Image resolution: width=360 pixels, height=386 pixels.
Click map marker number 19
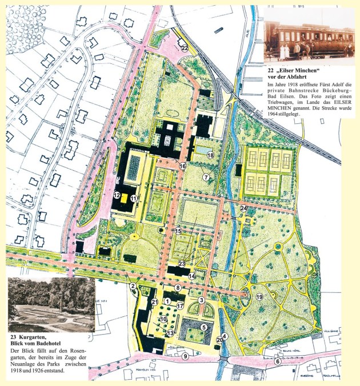tap(259, 297)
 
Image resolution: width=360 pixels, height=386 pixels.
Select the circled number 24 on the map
tap(243, 208)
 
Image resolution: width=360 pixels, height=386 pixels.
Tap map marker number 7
tap(206, 178)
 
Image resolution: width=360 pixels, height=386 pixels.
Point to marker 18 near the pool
tap(210, 155)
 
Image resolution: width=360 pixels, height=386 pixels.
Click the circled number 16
tap(183, 166)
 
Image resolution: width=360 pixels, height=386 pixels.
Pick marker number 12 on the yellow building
tap(117, 195)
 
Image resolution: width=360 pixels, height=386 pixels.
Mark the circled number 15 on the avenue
tap(178, 231)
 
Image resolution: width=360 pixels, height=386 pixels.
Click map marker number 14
tap(192, 276)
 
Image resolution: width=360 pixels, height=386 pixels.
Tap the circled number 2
tap(133, 286)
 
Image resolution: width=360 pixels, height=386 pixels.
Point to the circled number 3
tap(201, 300)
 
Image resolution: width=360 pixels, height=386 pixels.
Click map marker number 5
tap(203, 327)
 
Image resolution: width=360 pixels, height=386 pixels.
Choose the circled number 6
tap(278, 361)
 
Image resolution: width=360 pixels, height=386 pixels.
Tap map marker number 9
tap(185, 356)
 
